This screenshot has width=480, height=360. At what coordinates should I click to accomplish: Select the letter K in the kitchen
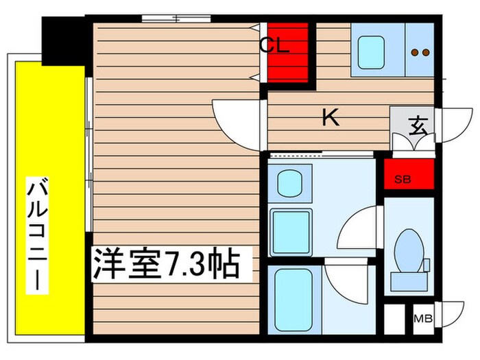click(x=331, y=118)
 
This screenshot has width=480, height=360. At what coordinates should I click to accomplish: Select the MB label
click(x=422, y=320)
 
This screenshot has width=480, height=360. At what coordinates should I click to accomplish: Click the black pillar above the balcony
click(x=63, y=38)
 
